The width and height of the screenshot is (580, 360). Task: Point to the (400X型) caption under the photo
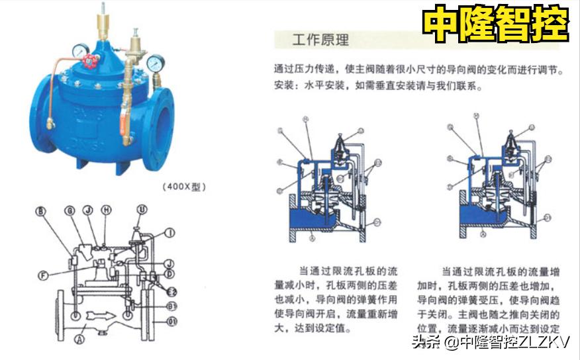184,187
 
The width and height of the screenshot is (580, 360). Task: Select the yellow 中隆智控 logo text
495,24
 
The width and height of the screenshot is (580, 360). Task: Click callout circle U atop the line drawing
141,210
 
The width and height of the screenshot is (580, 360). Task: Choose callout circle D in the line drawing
169,273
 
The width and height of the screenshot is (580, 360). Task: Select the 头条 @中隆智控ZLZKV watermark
490,342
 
